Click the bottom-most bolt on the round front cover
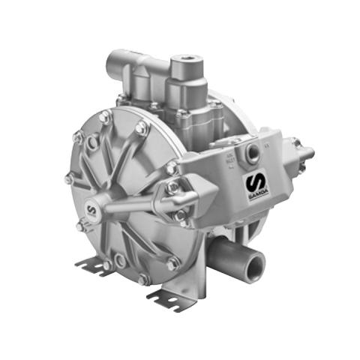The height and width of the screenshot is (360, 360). coord(142,278)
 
